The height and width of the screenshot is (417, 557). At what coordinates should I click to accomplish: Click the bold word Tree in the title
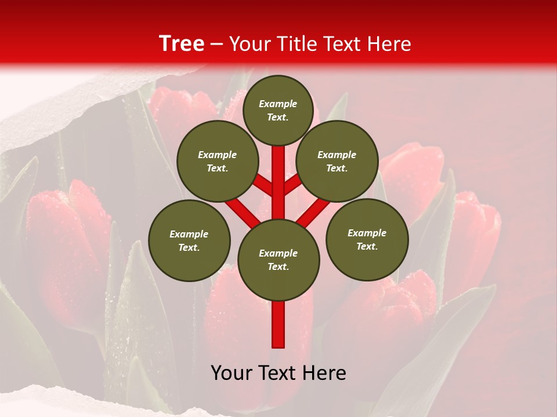pos(182,43)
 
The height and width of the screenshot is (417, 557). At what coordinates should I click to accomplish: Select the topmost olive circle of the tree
pos(278,110)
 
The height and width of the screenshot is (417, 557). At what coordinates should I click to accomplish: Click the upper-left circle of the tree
pos(217,161)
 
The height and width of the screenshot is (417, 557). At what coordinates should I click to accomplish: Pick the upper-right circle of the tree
pos(337,161)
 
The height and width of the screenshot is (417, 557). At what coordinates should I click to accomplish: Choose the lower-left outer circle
pos(189,240)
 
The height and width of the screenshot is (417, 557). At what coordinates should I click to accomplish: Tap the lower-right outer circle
pos(367,239)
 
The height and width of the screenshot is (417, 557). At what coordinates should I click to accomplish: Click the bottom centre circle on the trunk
pos(278,259)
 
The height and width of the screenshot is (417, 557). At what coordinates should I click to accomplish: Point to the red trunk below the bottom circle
pos(278,324)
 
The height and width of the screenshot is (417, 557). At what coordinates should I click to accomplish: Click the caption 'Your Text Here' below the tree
pos(278,373)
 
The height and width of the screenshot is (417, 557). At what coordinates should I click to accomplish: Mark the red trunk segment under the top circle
pos(278,174)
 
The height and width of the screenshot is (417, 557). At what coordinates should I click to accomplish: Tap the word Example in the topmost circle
pos(278,104)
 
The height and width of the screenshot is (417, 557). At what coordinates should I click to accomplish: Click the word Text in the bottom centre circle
pos(278,266)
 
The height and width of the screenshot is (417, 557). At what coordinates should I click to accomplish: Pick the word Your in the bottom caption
pos(230,373)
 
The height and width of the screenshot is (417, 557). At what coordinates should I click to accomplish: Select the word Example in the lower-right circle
pos(367,233)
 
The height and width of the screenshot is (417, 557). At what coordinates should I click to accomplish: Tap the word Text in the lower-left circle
pos(188,247)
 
